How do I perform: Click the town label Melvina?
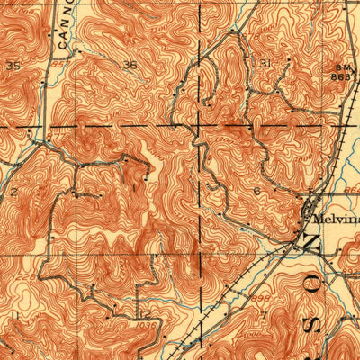(331, 218)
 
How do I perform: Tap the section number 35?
(13, 66)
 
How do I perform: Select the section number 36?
(130, 65)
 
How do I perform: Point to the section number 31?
(265, 64)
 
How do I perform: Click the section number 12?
(143, 312)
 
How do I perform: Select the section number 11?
(13, 316)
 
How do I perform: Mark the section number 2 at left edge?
(15, 192)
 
